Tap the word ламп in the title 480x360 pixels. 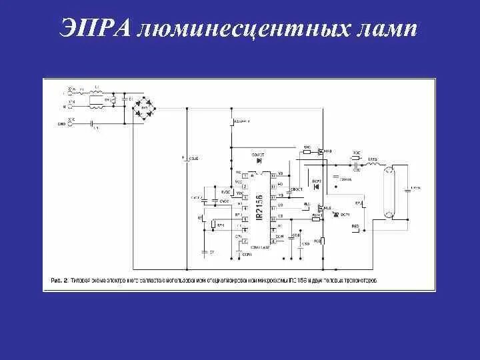point(386,29)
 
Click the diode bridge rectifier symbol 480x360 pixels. point(141,107)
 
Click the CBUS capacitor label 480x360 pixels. point(193,159)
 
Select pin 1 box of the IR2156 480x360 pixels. point(245,176)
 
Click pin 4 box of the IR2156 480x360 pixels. point(245,205)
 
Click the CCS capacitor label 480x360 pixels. point(305,244)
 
